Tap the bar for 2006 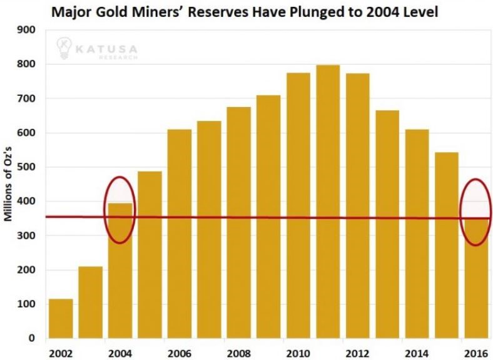(180, 234)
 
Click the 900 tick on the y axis (29, 30)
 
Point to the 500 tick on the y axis (29, 167)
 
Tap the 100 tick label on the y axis (29, 304)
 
